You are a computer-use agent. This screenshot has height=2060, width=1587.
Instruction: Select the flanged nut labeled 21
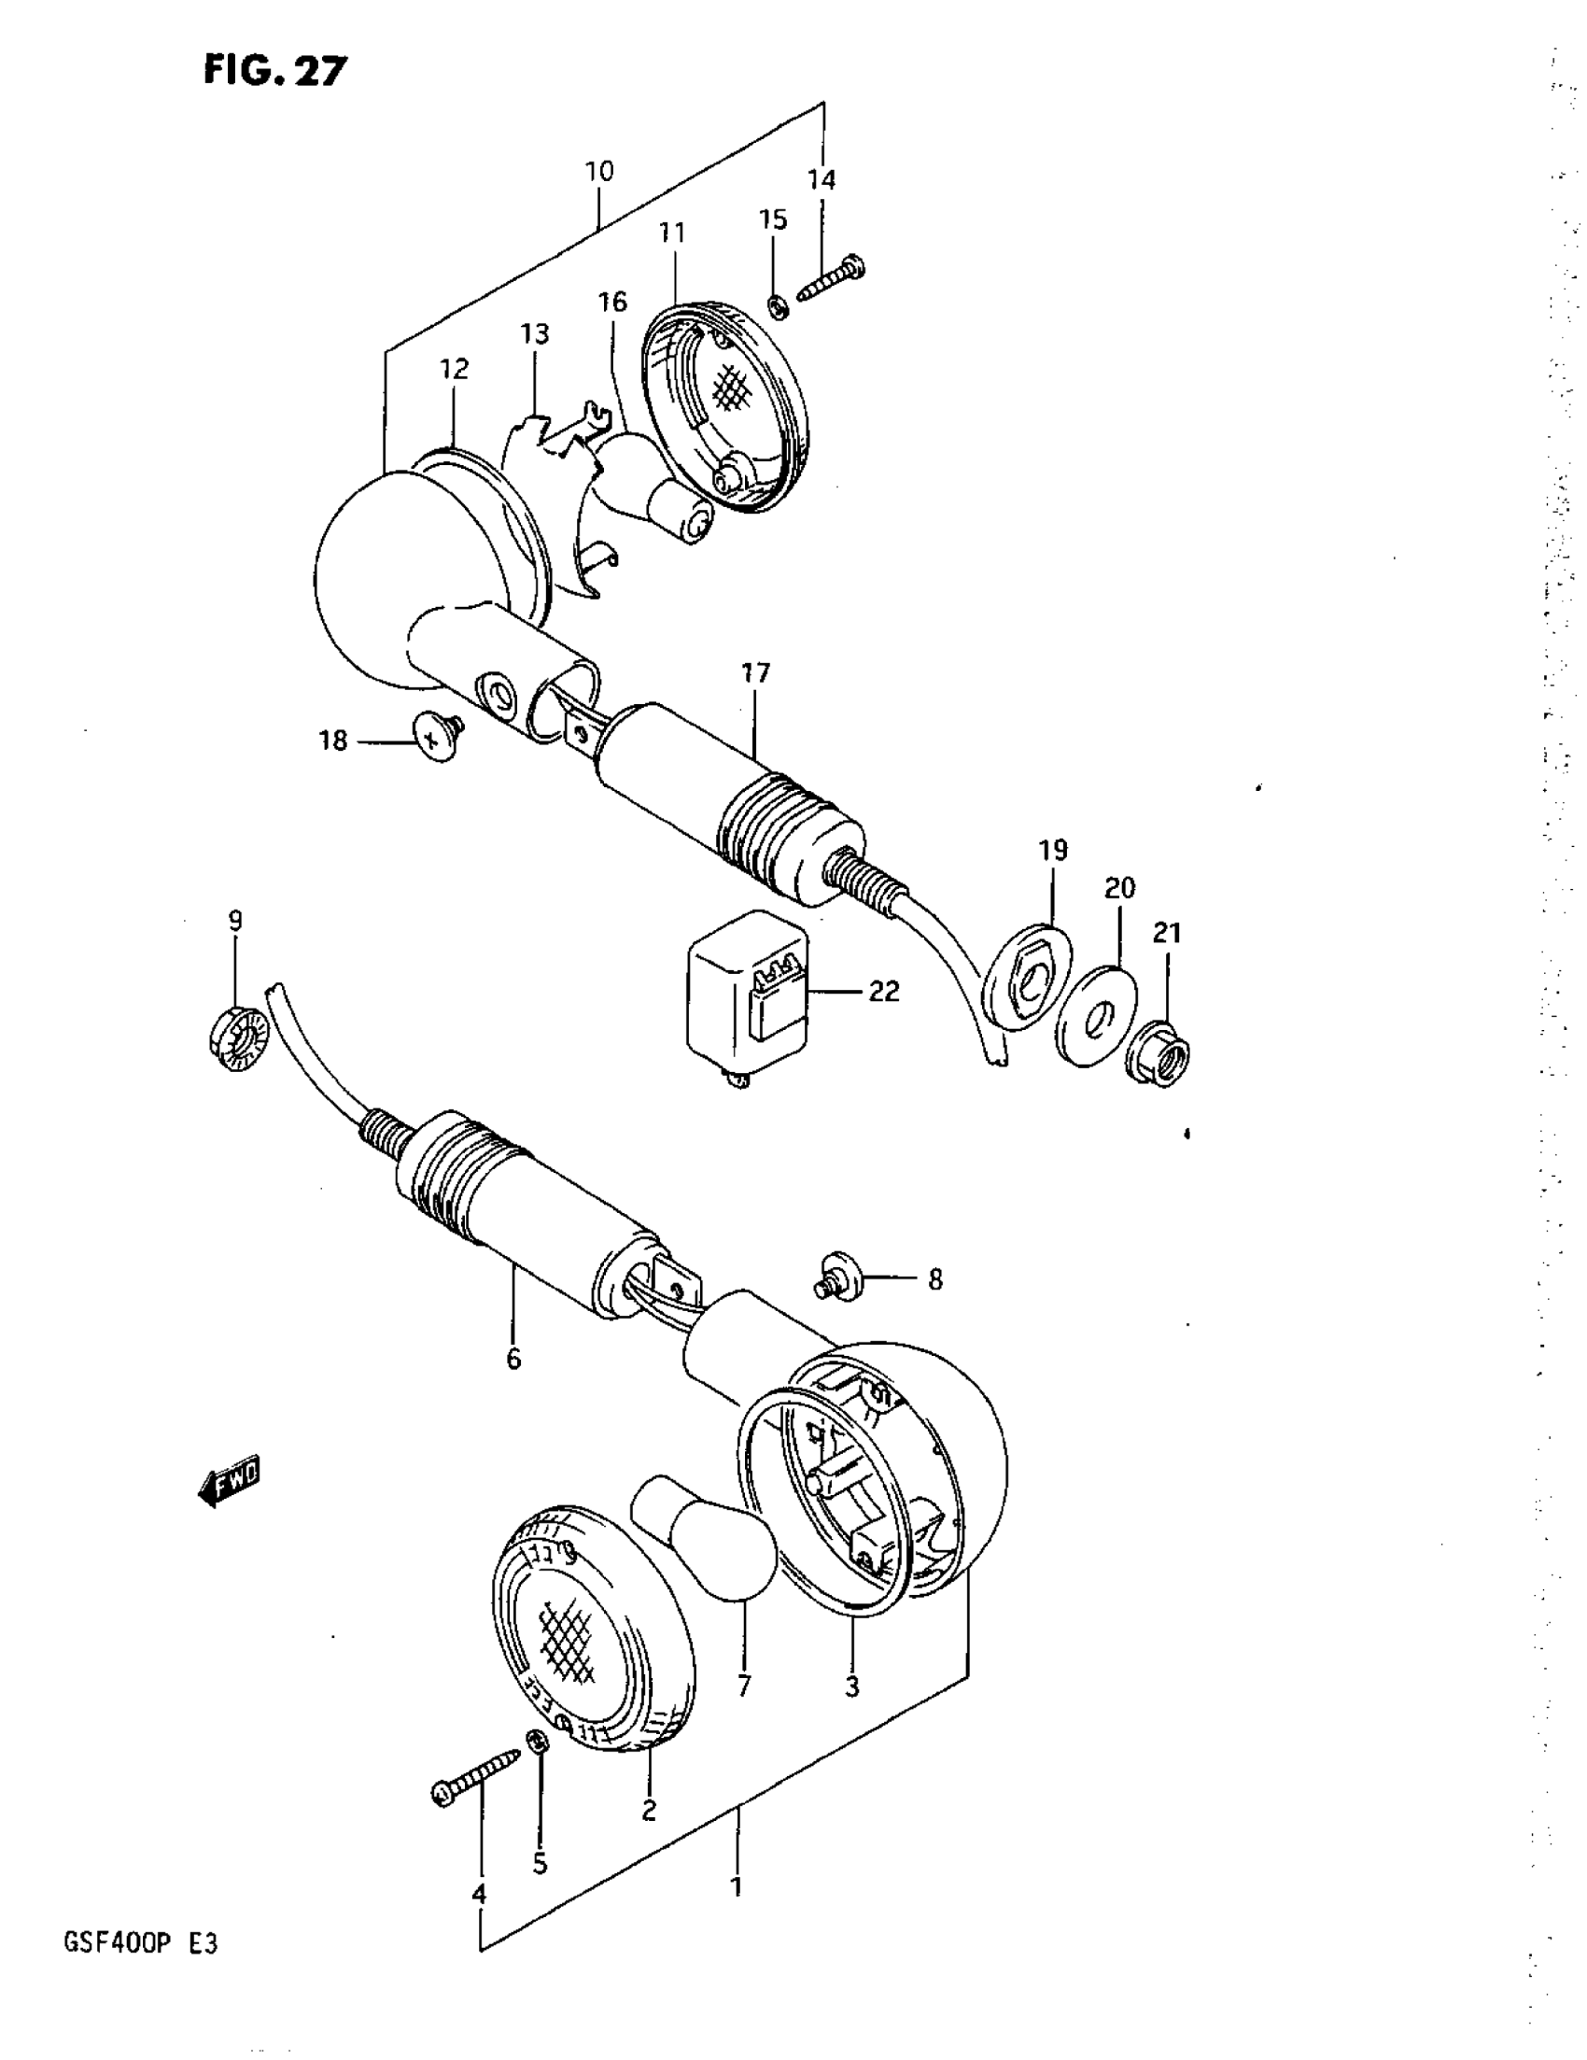pyautogui.click(x=1162, y=1054)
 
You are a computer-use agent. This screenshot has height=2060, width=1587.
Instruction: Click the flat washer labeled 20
pyautogui.click(x=1096, y=1014)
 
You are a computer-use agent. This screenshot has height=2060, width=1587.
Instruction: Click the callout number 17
pyautogui.click(x=755, y=673)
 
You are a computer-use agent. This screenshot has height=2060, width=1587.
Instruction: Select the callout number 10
pyautogui.click(x=598, y=172)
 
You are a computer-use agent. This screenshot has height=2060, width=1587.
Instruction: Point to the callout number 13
pyautogui.click(x=535, y=334)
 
